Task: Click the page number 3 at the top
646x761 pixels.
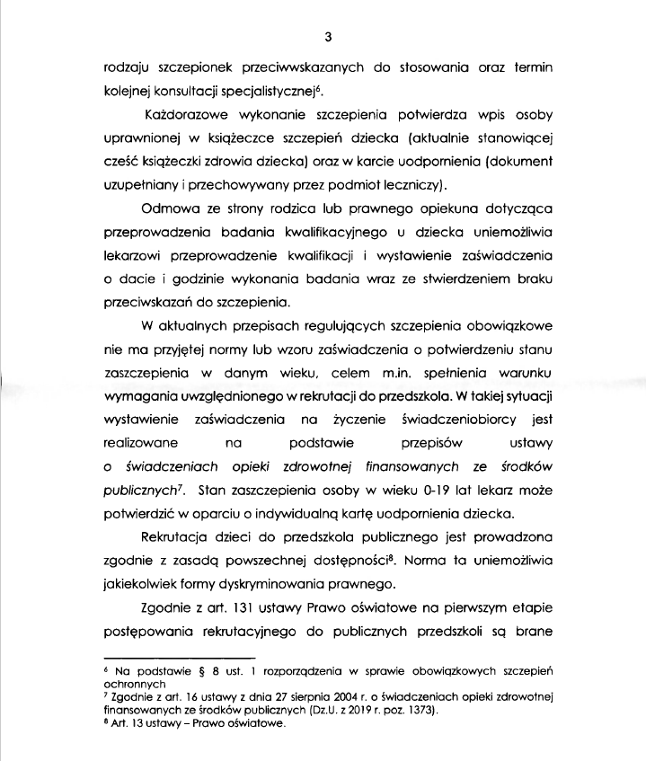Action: (x=328, y=37)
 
